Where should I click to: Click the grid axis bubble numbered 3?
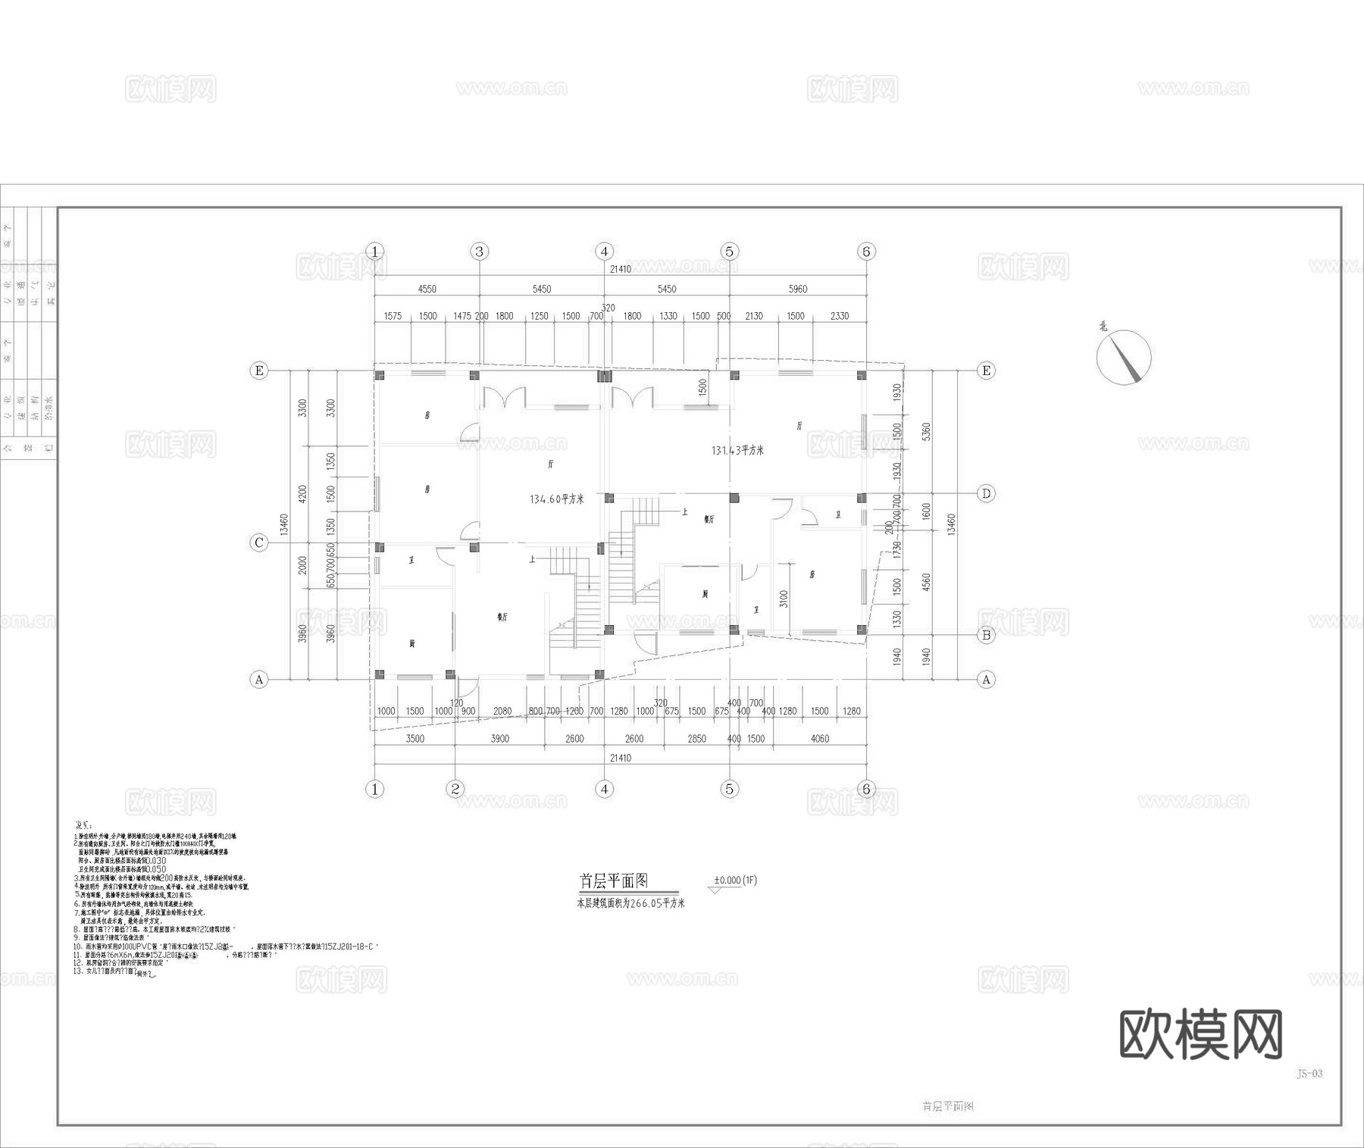tap(479, 251)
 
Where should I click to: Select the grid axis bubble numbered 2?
tap(455, 789)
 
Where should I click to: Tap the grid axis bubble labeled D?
tap(986, 493)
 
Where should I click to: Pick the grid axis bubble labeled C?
tap(259, 543)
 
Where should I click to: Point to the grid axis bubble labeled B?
tap(986, 635)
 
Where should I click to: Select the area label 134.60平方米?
tap(557, 499)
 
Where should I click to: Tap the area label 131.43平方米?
tap(737, 450)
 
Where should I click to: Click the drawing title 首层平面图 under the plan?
tap(614, 881)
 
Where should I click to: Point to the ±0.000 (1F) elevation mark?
tap(734, 881)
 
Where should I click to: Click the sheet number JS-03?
tap(1309, 1074)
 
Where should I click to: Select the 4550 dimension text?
tap(427, 289)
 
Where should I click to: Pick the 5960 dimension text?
tap(798, 289)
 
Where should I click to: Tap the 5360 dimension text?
tap(926, 432)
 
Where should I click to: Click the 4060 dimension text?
tap(820, 739)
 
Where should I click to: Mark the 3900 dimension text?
tap(499, 739)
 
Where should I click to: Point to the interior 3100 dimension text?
tap(784, 599)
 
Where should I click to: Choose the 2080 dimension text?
tap(502, 712)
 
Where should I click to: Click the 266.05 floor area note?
tap(631, 903)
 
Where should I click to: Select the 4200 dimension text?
tap(303, 494)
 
